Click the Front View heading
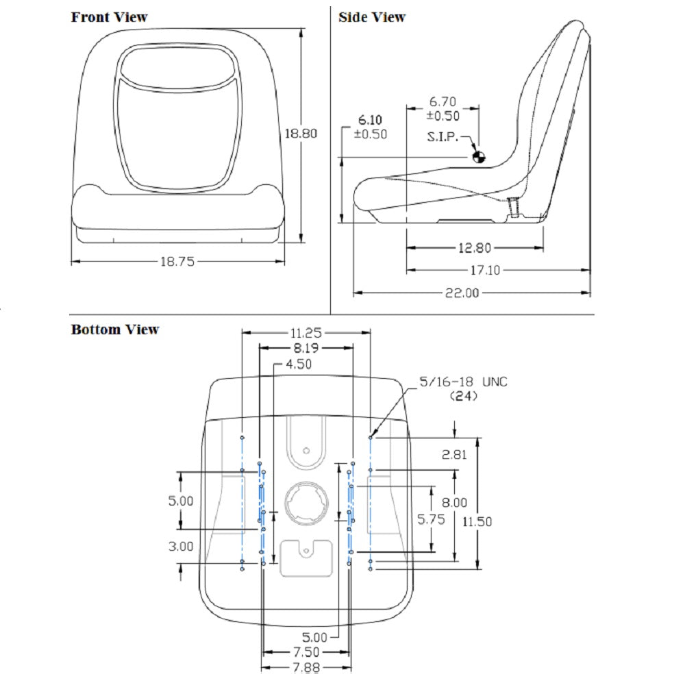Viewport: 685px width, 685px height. pyautogui.click(x=109, y=17)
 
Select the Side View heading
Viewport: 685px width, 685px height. pyautogui.click(x=372, y=17)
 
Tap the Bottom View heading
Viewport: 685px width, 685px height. pyautogui.click(x=115, y=329)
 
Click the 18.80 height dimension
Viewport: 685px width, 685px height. pyautogui.click(x=301, y=134)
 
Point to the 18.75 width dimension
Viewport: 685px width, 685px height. pyautogui.click(x=177, y=261)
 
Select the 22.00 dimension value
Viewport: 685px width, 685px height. pyautogui.click(x=462, y=292)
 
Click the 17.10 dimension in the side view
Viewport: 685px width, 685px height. pyautogui.click(x=484, y=271)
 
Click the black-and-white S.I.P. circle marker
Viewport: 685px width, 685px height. pyautogui.click(x=478, y=157)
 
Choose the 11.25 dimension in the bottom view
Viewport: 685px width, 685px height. pyautogui.click(x=306, y=333)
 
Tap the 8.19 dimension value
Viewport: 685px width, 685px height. pyautogui.click(x=306, y=348)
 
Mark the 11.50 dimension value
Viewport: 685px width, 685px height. pyautogui.click(x=477, y=521)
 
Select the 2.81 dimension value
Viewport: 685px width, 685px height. pyautogui.click(x=456, y=453)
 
